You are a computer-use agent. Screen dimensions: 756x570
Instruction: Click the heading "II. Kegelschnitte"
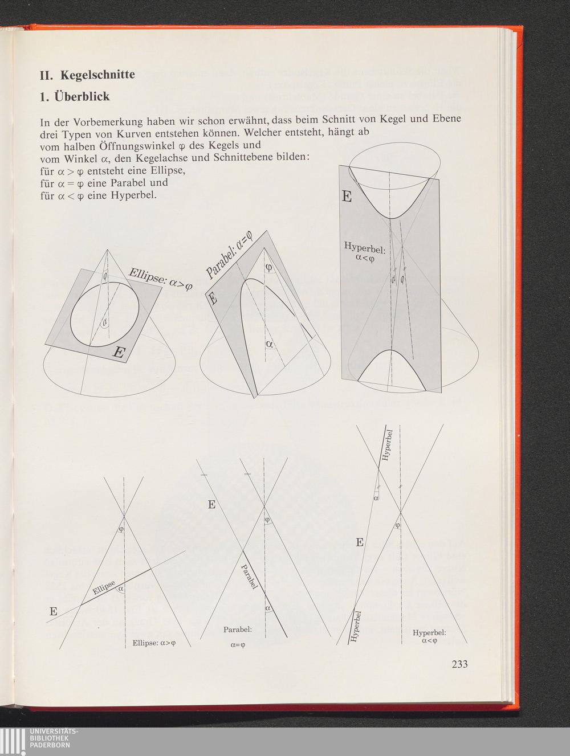pos(87,75)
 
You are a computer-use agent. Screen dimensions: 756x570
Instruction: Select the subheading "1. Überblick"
pos(74,96)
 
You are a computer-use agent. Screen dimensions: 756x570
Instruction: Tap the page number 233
pos(459,664)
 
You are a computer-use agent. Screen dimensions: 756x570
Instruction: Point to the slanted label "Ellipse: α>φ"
pos(160,279)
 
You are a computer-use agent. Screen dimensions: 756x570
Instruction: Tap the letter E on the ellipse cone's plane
pos(119,352)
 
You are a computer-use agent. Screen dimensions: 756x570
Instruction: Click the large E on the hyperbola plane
pos(347,197)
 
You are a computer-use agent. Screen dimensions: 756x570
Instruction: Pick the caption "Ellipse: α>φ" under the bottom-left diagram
pos(154,643)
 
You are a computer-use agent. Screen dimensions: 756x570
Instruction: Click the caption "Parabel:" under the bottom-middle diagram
pos(238,630)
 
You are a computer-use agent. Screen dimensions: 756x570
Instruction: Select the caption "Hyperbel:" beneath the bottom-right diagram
pos(429,632)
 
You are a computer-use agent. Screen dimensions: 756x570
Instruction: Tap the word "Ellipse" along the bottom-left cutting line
pos(104,588)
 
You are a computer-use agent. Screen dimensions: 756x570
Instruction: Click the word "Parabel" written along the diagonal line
pos(249,577)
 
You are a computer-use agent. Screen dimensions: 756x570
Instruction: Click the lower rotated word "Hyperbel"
pos(355,627)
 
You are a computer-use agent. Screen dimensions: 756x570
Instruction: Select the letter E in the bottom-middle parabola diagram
pos(212,505)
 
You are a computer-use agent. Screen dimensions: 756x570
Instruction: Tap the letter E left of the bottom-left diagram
pos(54,612)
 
